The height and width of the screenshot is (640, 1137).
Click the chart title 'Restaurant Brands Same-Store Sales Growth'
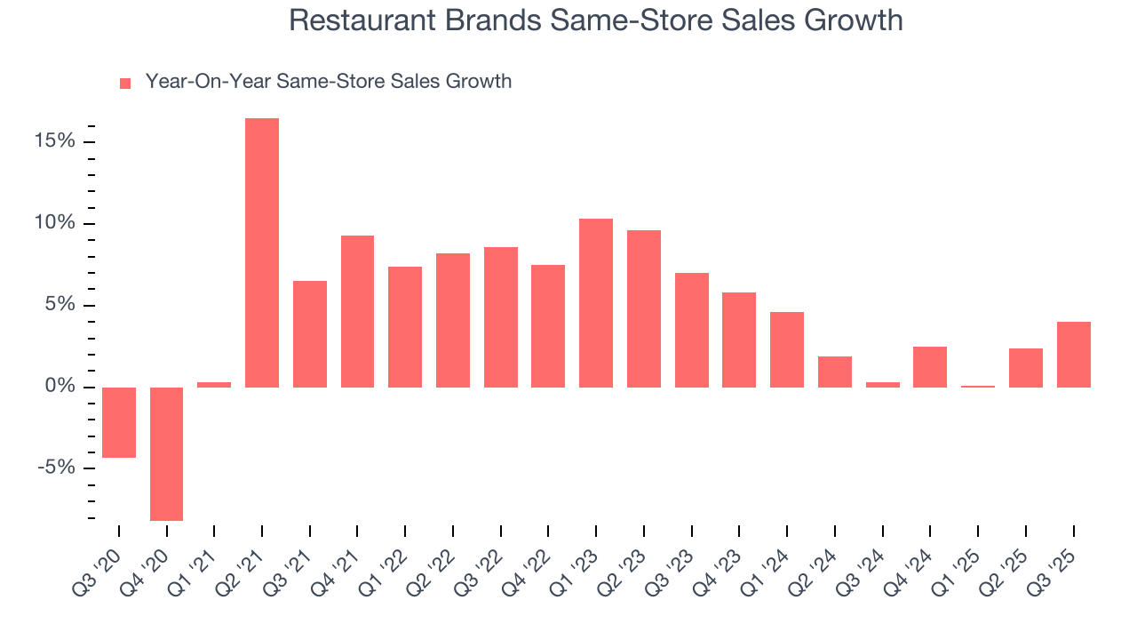(595, 21)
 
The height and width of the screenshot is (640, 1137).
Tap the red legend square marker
(125, 83)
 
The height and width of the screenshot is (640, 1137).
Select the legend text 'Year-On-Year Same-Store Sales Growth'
(328, 82)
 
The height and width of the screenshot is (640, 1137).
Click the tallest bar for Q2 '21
(262, 252)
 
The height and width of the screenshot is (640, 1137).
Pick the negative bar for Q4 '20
(166, 453)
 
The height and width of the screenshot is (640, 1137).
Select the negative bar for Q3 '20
(119, 422)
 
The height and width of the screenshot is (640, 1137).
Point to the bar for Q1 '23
(596, 302)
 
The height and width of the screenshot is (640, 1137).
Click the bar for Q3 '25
(1073, 354)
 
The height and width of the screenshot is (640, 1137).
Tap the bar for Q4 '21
(357, 311)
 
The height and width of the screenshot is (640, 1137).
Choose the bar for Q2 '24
(835, 372)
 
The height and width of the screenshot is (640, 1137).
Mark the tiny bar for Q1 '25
(978, 386)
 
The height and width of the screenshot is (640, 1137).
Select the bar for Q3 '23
(691, 330)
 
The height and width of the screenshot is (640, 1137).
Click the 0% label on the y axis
(61, 387)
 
